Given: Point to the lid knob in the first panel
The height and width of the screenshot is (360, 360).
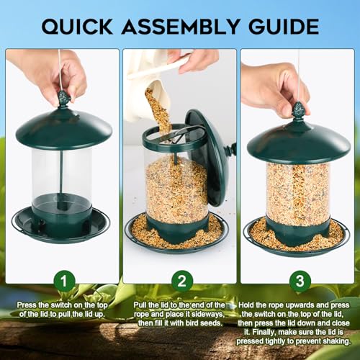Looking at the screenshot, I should [x=62, y=99].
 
